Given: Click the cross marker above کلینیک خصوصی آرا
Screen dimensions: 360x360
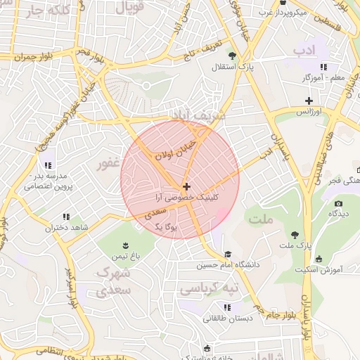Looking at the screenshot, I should click(186, 186).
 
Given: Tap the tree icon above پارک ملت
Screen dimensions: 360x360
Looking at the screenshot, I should click(294, 236).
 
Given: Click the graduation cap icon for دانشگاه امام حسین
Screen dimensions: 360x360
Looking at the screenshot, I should click(227, 255).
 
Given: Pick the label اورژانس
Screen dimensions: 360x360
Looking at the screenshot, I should click(308, 112).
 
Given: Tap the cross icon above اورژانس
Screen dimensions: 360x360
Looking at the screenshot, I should click(308, 101).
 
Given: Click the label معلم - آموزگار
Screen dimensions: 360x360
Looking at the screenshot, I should click(323, 77).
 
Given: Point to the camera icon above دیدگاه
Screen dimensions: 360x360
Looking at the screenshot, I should click(339, 203).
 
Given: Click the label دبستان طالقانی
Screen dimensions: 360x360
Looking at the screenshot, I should click(226, 318).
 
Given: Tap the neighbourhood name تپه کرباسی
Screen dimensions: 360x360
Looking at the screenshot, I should click(210, 289).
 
